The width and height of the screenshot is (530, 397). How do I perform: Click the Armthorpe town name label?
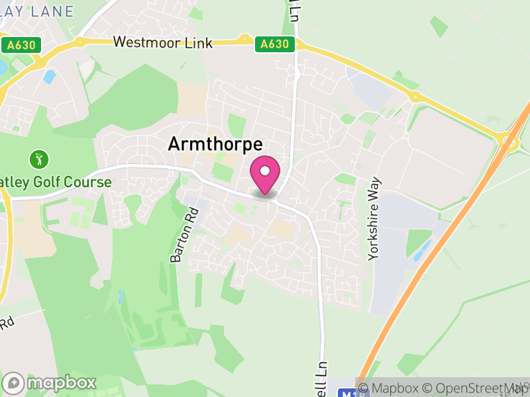pos(215,144)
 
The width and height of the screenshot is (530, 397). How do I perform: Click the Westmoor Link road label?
pos(163,43)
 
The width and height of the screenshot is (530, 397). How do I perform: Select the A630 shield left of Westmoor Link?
pos(21,45)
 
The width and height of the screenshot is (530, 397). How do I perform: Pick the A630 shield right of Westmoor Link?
pos(274,44)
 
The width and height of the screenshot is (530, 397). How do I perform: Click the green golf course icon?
pos(38,159)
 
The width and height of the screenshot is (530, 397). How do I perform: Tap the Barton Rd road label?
pos(185,236)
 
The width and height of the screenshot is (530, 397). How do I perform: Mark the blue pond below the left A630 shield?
pos(49,76)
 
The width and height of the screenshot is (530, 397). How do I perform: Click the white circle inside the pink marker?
pos(265,171)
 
